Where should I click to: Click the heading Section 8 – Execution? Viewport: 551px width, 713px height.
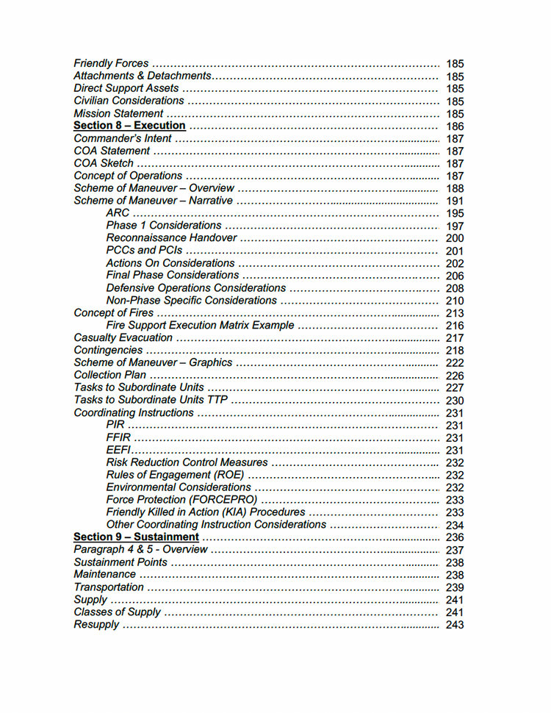tap(129, 126)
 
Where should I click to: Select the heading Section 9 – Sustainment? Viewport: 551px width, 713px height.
tap(136, 537)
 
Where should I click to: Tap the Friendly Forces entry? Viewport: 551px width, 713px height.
tap(111, 63)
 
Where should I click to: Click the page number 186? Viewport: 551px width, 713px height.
tap(455, 126)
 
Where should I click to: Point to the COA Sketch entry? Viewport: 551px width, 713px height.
tap(104, 163)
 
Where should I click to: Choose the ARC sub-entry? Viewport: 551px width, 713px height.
tap(118, 213)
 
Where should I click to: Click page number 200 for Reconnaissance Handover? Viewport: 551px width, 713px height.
tap(455, 238)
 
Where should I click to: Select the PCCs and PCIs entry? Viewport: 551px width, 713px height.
tap(144, 251)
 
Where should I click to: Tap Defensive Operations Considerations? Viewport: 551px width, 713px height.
tap(195, 288)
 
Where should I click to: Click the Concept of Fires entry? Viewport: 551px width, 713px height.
tap(114, 313)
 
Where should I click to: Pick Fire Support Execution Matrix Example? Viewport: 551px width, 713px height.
tap(200, 326)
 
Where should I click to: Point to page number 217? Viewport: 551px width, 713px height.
tap(455, 338)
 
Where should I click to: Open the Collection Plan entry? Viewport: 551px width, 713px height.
tap(109, 375)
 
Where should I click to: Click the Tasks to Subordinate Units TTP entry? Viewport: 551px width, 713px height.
tap(151, 401)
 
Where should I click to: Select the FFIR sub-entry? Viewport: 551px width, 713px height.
tap(118, 438)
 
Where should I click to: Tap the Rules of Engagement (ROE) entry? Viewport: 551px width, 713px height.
tap(175, 476)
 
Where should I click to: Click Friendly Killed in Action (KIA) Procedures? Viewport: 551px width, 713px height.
tap(205, 512)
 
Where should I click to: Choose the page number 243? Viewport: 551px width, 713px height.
tap(455, 625)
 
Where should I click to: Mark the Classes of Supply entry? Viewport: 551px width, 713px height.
tap(117, 612)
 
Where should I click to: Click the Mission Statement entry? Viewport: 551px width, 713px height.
tap(118, 113)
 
